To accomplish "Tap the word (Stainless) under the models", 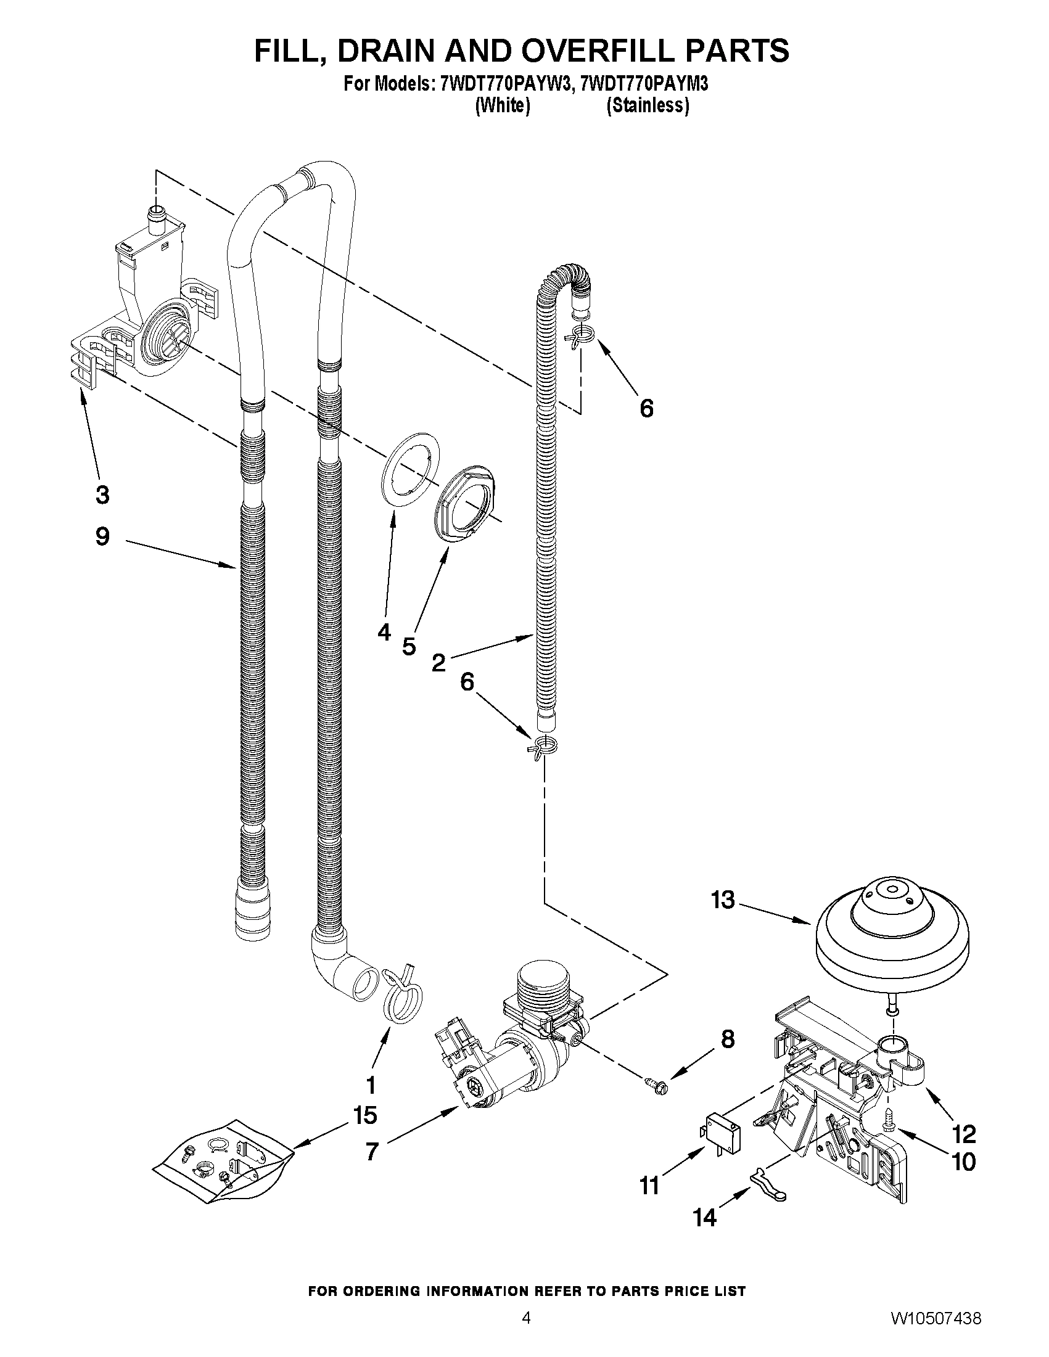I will (648, 105).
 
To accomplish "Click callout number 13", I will (723, 900).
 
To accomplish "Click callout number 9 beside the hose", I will (102, 536).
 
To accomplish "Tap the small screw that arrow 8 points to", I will (661, 1087).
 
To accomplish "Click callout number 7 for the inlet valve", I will (372, 1151).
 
